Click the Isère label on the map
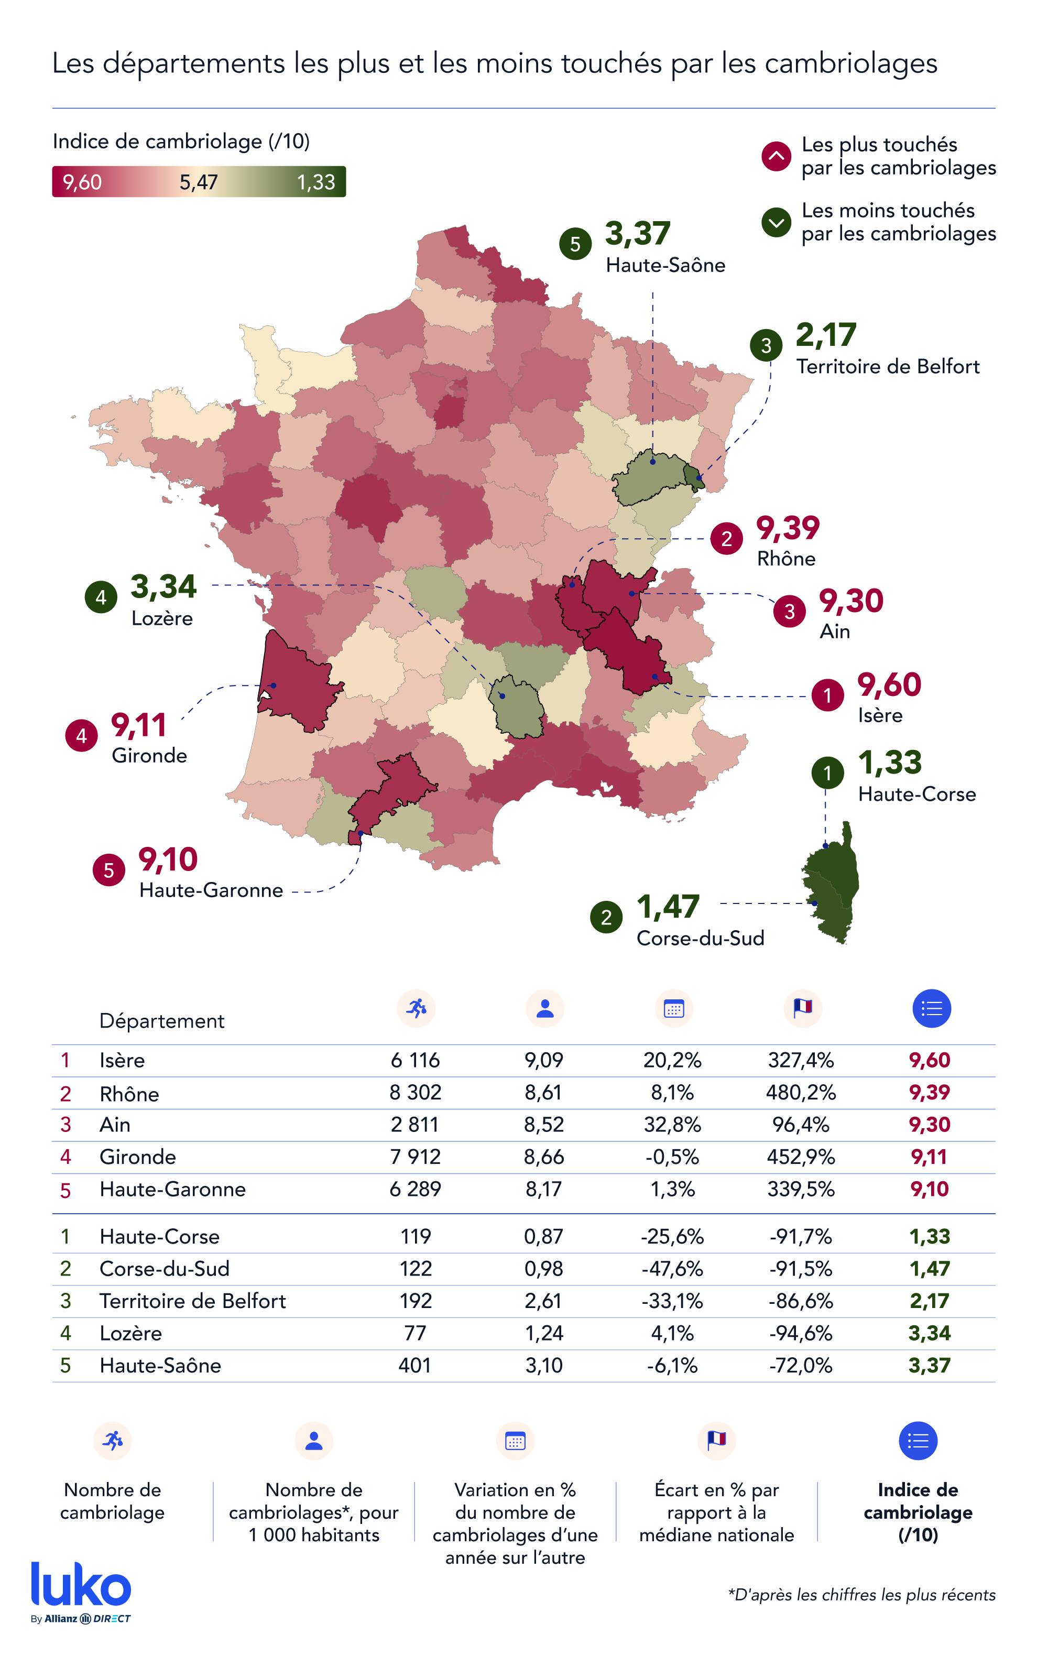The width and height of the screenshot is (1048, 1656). [879, 715]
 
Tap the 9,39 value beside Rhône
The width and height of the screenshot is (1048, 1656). [788, 528]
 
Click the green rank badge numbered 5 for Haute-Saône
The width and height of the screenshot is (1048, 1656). [575, 244]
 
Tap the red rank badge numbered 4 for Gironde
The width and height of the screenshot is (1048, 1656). [81, 736]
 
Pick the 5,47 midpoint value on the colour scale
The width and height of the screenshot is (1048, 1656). [199, 182]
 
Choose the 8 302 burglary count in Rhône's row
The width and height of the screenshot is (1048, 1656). [416, 1092]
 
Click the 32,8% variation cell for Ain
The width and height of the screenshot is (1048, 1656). [672, 1125]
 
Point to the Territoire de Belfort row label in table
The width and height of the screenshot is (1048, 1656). [192, 1301]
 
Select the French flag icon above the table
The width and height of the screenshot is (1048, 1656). [802, 1008]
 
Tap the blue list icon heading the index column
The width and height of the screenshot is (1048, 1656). [931, 1008]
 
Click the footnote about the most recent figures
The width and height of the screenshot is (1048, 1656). [861, 1595]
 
